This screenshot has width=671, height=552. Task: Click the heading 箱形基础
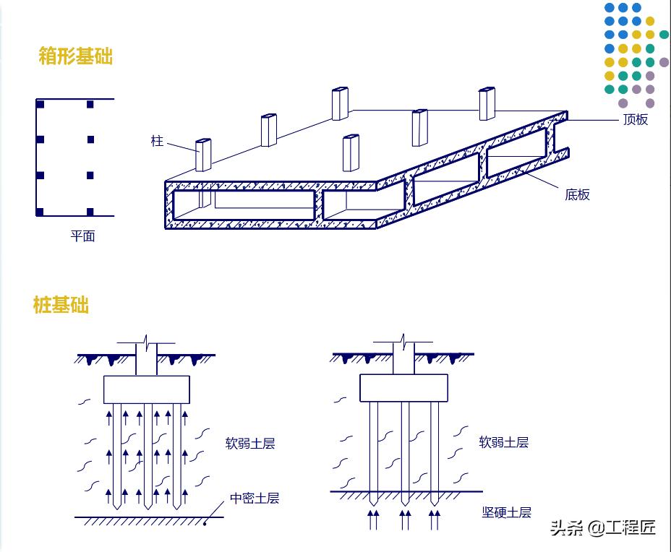pyautogui.click(x=76, y=56)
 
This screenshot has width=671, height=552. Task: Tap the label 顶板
pyautogui.click(x=636, y=120)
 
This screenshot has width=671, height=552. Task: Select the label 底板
pyautogui.click(x=577, y=194)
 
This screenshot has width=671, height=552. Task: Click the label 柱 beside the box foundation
pyautogui.click(x=157, y=140)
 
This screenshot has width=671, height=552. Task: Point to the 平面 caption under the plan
pyautogui.click(x=82, y=236)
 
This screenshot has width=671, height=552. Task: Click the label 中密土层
pyautogui.click(x=255, y=498)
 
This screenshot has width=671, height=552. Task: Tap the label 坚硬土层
pyautogui.click(x=507, y=512)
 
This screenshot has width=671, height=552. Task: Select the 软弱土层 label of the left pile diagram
pyautogui.click(x=250, y=443)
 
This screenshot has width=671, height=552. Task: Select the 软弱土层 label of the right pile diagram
pyautogui.click(x=504, y=442)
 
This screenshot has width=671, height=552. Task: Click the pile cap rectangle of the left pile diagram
pyautogui.click(x=147, y=389)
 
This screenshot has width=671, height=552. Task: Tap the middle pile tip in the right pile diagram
pyautogui.click(x=405, y=499)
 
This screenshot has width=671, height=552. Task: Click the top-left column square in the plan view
pyautogui.click(x=40, y=105)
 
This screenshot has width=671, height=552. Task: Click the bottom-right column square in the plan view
pyautogui.click(x=90, y=212)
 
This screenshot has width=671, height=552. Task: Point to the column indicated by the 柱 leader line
pyautogui.click(x=202, y=155)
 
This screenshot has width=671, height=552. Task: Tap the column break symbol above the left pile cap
pyautogui.click(x=147, y=341)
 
